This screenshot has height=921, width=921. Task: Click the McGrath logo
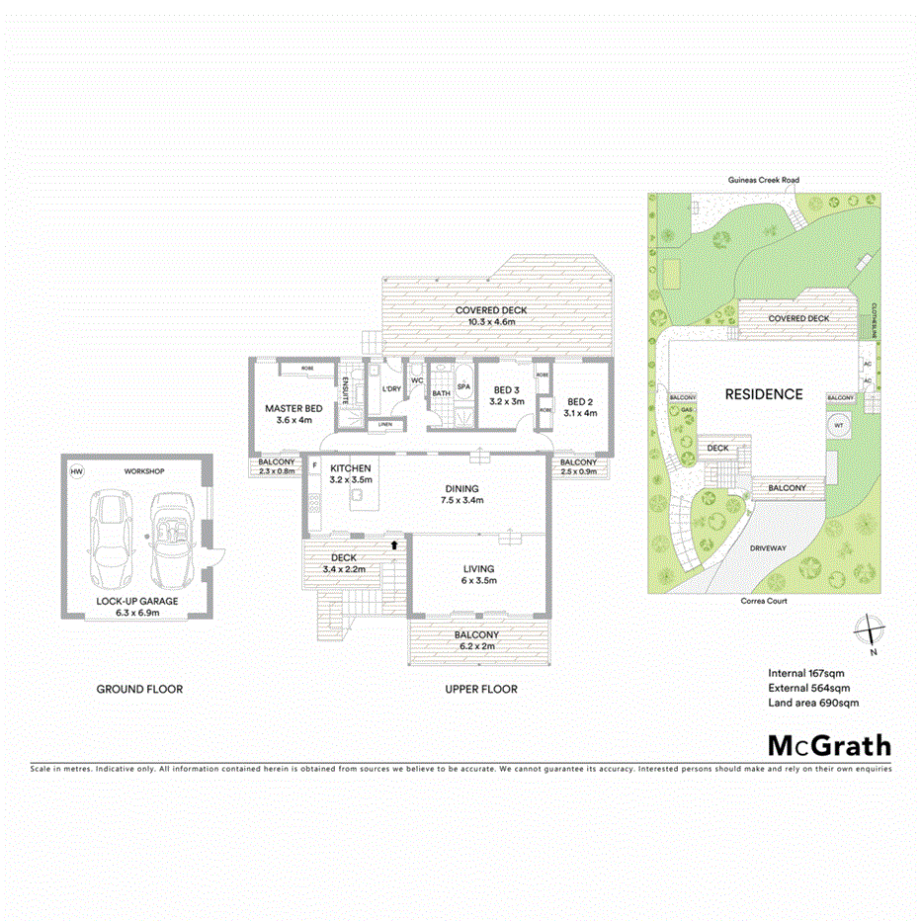point(829,745)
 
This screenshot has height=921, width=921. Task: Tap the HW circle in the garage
point(77,472)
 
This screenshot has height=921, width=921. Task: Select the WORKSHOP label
point(144,471)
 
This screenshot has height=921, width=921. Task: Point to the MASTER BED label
point(293,408)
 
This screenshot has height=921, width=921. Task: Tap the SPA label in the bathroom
point(462,386)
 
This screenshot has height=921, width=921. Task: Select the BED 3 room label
point(508,389)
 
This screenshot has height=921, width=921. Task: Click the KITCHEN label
point(350,467)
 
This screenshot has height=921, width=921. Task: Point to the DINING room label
point(461,488)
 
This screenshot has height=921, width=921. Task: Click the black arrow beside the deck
point(396,543)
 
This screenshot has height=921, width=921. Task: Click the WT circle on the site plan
point(839,426)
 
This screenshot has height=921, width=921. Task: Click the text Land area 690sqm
point(813,703)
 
